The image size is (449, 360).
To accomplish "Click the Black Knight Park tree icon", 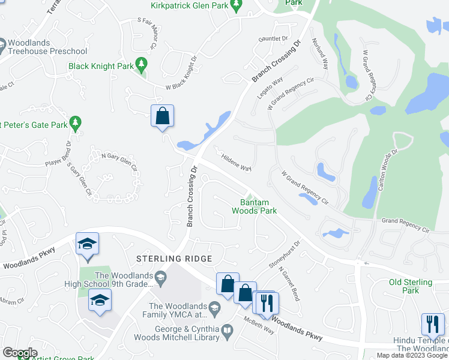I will coord(142,63).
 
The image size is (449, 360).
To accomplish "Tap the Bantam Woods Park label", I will coord(255,206).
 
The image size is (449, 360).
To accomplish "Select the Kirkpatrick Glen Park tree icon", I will coord(237,5).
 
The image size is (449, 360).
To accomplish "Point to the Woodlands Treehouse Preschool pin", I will coord(3,43).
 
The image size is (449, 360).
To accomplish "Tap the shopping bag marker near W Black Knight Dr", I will coord(163,116).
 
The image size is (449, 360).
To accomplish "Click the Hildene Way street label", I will coord(237,164).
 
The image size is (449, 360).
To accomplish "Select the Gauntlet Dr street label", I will coord(273,38).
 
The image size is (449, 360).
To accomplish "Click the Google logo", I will coord(20,353).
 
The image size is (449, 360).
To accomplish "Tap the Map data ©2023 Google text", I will coord(412,355).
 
